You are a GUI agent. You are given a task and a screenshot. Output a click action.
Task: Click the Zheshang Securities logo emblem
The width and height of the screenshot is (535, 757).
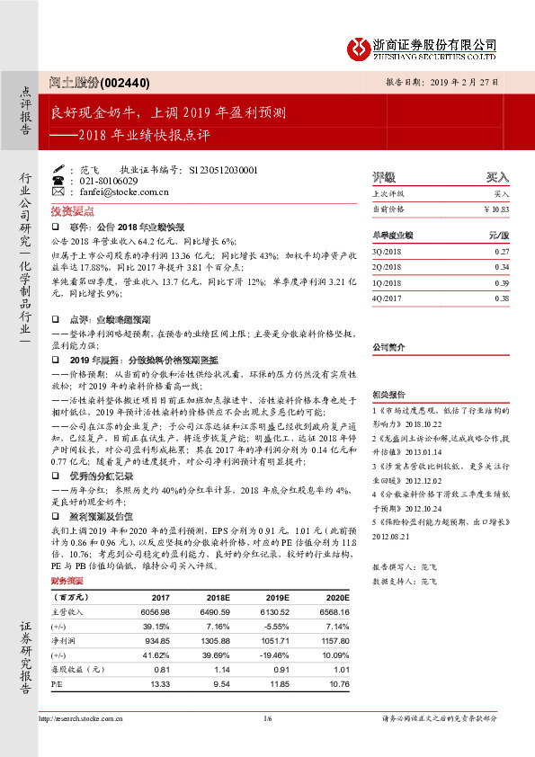coord(361,46)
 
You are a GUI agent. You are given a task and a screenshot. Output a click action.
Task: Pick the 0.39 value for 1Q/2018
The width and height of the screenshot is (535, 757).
coord(502,283)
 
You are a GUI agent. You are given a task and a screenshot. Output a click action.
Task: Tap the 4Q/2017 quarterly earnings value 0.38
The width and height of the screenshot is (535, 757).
coord(502,298)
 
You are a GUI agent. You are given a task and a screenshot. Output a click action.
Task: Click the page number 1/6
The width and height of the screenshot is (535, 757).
coord(267,718)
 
